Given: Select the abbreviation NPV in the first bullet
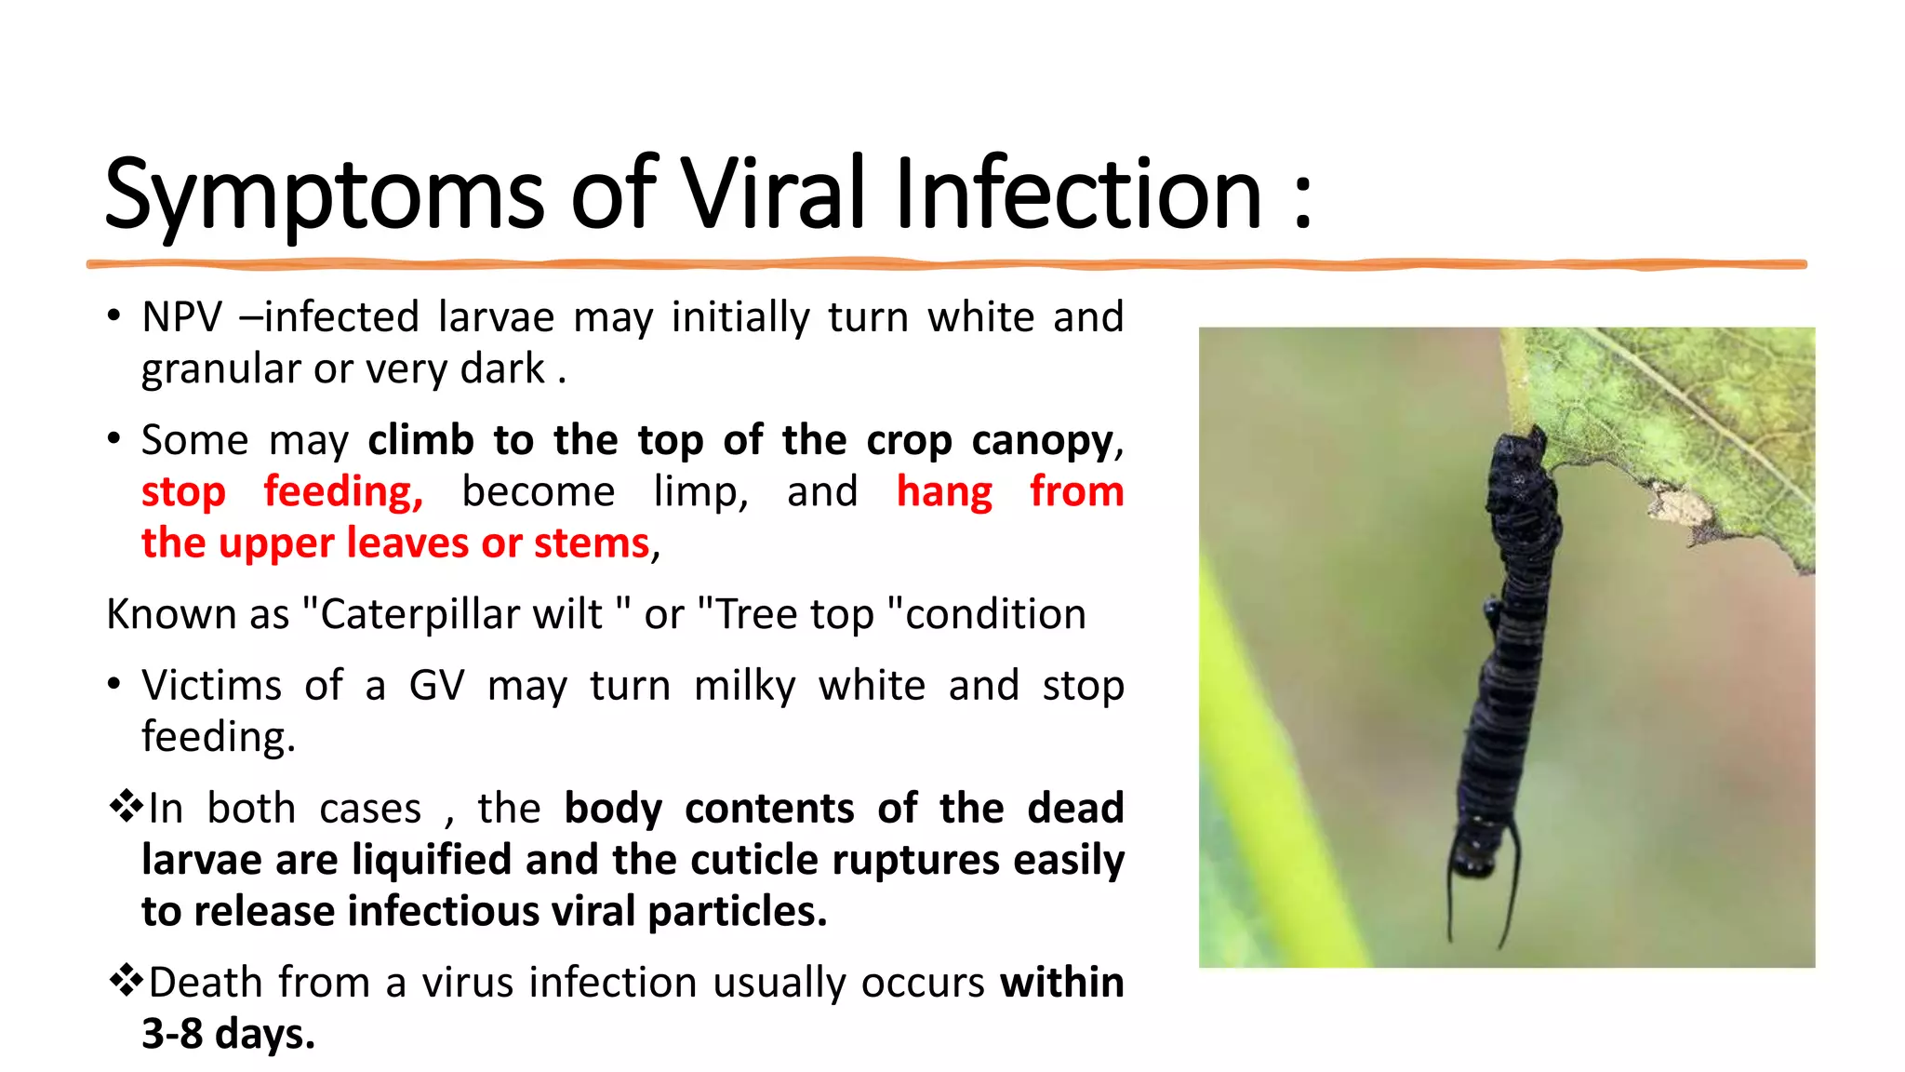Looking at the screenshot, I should click(181, 317).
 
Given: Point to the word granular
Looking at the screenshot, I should click(220, 369).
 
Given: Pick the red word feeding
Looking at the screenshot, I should click(343, 492).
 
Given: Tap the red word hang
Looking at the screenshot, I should click(944, 492).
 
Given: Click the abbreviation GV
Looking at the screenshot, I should click(436, 686).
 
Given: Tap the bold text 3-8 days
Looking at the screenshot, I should click(229, 1034).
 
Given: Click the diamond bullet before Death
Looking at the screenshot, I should click(126, 980).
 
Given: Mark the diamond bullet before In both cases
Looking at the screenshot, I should click(126, 806).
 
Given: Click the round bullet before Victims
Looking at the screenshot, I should click(113, 685).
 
